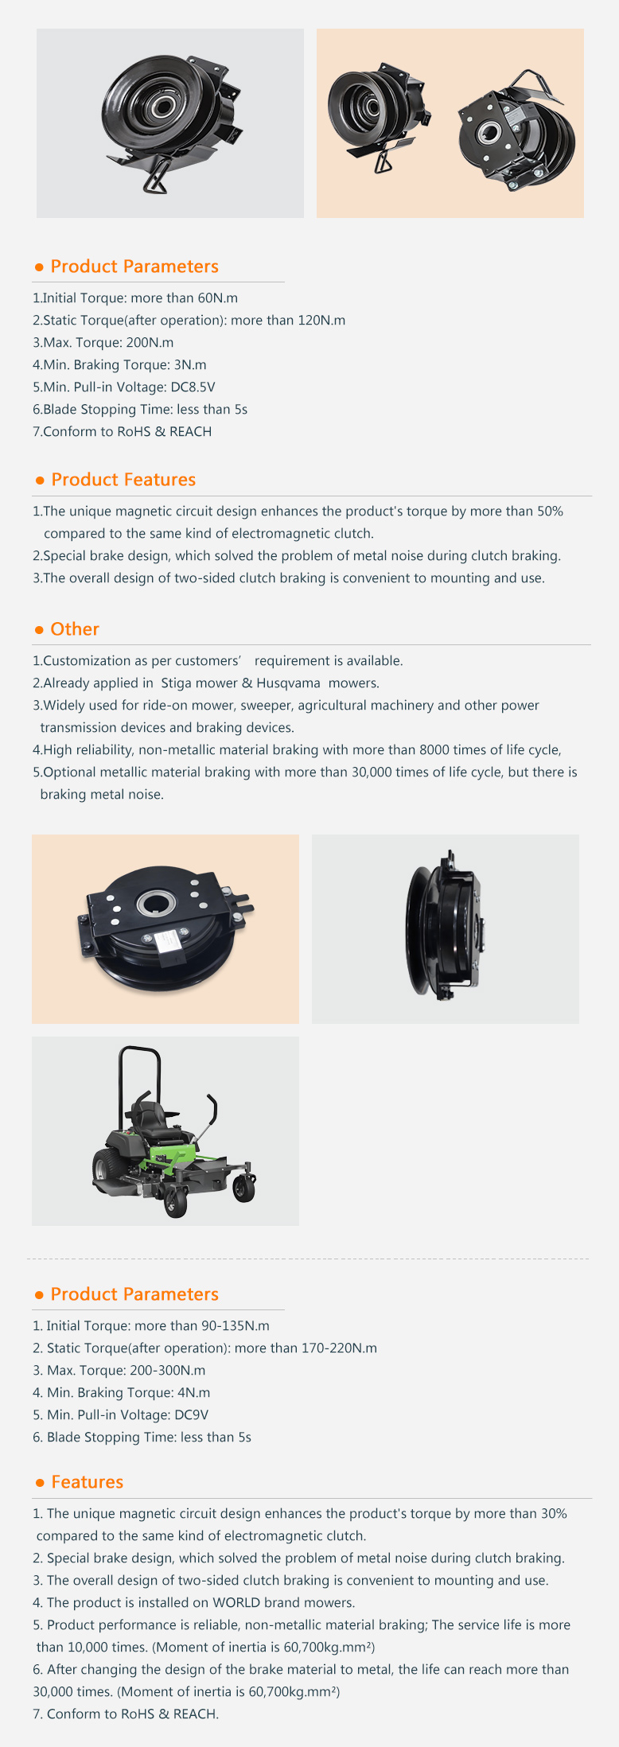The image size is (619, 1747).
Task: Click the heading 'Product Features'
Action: [123, 480]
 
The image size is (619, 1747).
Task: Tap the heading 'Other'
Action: [75, 629]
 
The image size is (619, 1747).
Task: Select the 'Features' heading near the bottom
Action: [88, 1482]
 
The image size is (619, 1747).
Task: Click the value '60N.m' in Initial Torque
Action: [218, 298]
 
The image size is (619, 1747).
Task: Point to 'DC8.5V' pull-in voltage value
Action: [193, 387]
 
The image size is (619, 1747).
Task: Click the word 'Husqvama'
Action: [289, 683]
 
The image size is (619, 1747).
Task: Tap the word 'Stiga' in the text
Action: [177, 683]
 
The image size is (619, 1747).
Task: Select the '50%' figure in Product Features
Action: [550, 512]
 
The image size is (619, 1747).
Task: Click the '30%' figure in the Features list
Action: [554, 1514]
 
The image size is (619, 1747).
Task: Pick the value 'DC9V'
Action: [191, 1415]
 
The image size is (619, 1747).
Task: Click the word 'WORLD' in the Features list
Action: [236, 1603]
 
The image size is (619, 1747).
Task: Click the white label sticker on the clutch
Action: [168, 940]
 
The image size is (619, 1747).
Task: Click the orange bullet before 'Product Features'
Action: [40, 481]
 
